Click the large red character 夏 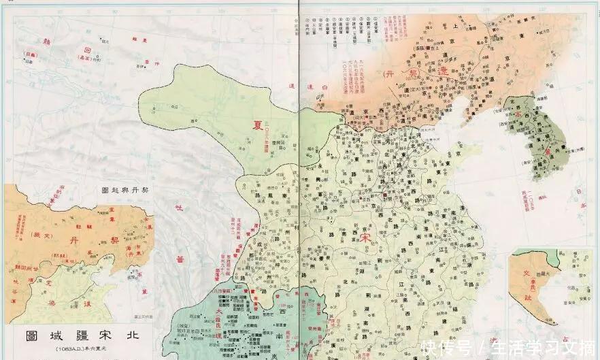tap(258, 125)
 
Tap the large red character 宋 tap(365, 238)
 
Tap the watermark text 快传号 tap(446, 348)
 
